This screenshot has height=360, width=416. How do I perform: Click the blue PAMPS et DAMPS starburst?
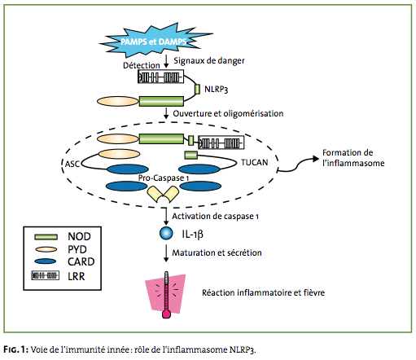155,41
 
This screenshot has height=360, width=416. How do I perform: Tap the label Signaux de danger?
209,60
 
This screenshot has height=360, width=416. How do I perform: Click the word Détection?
142,65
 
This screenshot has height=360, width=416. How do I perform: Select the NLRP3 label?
216,89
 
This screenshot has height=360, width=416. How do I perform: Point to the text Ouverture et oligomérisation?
228,113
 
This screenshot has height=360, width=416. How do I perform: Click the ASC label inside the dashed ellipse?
72,164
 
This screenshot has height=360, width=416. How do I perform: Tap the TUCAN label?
255,162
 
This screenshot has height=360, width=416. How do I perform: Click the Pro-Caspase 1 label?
164,178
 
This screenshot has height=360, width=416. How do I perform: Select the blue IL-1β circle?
166,233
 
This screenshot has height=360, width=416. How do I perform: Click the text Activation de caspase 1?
215,217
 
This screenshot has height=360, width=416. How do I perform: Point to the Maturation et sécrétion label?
217,252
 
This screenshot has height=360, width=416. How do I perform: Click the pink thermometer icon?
166,295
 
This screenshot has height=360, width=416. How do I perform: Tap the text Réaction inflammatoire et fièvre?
263,292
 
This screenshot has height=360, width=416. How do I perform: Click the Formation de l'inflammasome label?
353,158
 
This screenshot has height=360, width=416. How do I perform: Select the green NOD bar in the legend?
46,237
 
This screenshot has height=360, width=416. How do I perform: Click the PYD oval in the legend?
46,249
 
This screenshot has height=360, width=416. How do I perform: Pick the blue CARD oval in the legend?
46,261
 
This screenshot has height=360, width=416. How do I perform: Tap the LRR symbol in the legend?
45,275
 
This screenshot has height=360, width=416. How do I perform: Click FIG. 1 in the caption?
16,349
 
